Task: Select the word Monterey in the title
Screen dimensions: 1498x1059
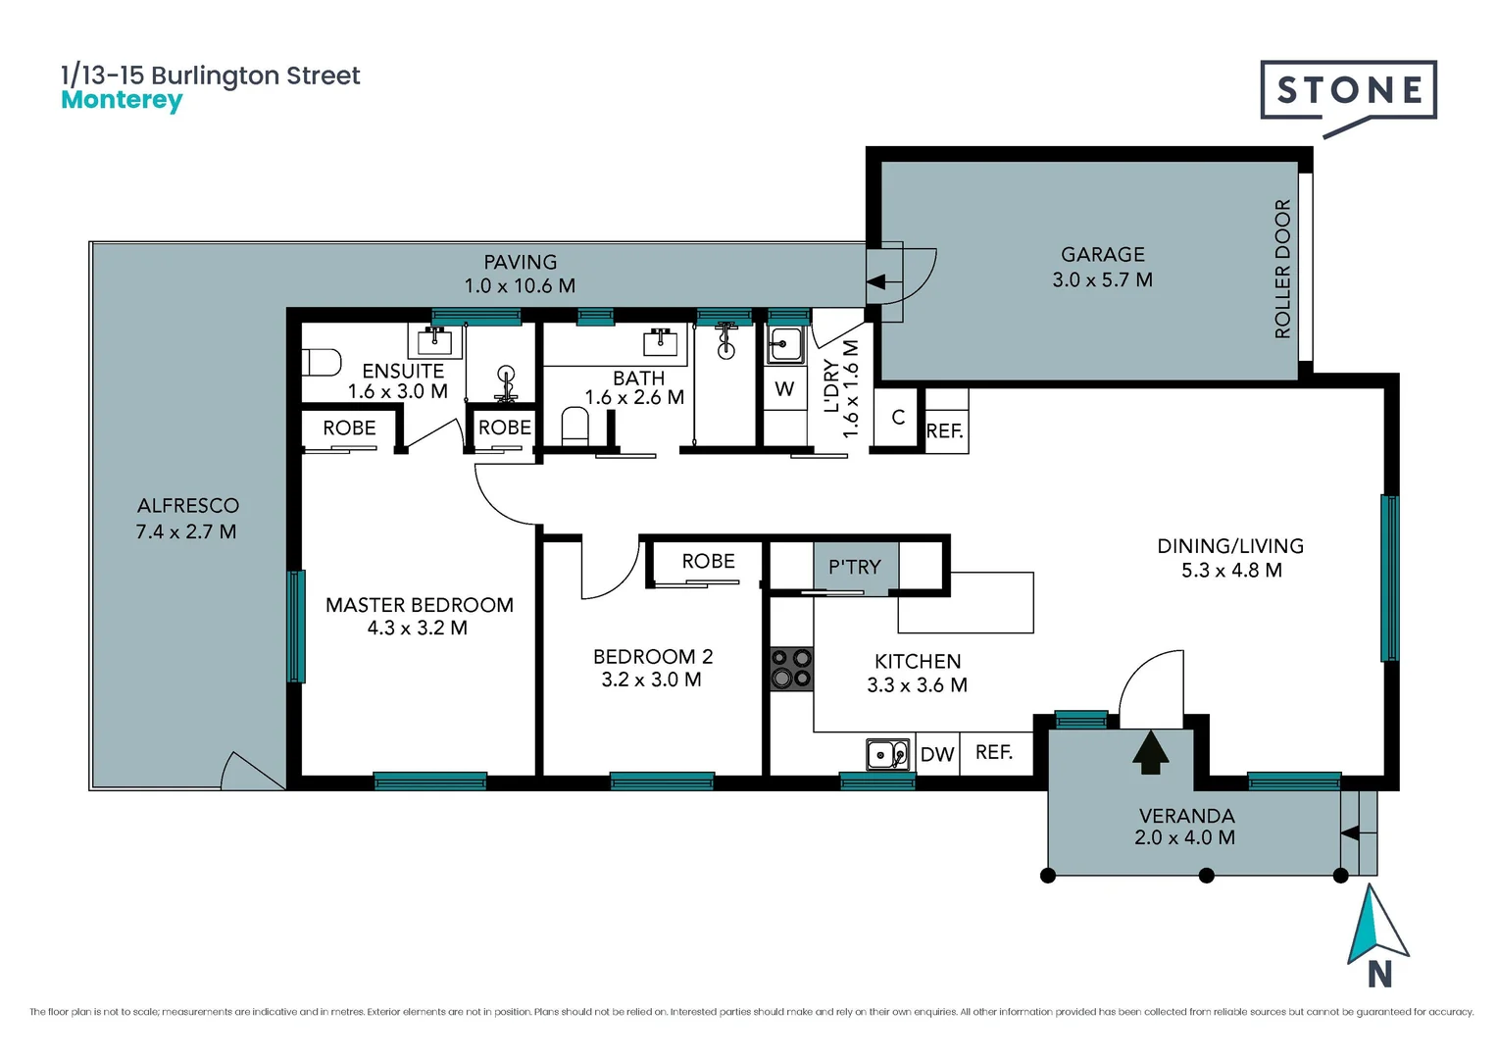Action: [x=122, y=100]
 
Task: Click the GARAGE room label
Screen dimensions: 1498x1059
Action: [x=1103, y=254]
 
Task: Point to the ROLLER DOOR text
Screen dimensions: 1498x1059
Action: [x=1282, y=269]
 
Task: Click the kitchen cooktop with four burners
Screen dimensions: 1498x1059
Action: [x=791, y=669]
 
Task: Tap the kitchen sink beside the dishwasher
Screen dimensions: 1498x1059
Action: [x=887, y=755]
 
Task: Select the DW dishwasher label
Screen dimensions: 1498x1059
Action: [x=937, y=755]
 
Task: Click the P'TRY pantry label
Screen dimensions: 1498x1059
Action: [x=855, y=568]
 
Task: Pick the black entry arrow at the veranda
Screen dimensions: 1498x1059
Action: [x=1150, y=751]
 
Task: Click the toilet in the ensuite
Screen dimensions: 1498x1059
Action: [x=321, y=363]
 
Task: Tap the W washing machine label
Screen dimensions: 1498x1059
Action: [x=784, y=388]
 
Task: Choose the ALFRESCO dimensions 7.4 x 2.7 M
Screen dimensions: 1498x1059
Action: [x=186, y=531]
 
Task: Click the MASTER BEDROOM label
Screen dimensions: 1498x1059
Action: [x=420, y=605]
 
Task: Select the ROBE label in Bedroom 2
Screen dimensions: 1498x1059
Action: [x=708, y=561]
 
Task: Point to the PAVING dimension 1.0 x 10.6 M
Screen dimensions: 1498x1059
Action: [x=521, y=285]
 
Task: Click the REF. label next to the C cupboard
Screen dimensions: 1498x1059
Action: [x=944, y=431]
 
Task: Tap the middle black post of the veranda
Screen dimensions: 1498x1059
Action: [x=1207, y=876]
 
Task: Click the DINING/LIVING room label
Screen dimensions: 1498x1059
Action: [x=1230, y=546]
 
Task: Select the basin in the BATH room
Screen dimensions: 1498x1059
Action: [x=660, y=342]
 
